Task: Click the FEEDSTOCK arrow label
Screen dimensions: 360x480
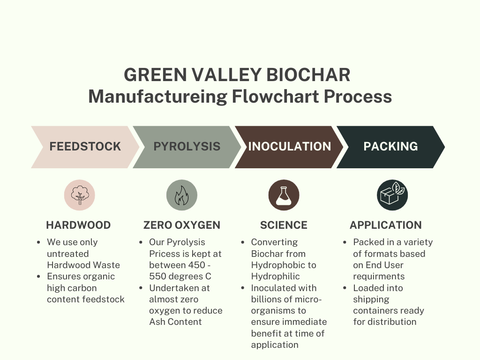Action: coord(85,146)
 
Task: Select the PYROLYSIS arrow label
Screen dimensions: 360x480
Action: coord(187,146)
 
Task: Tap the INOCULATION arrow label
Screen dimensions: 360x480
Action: coord(289,146)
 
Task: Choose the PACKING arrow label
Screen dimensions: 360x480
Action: coord(390,146)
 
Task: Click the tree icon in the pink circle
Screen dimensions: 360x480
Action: coord(80,195)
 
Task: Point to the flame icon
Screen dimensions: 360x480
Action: coord(181,195)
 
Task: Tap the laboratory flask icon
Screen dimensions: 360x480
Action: coord(284,195)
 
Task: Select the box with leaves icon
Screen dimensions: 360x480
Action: coord(392,195)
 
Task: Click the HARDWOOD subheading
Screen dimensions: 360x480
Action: coord(78,225)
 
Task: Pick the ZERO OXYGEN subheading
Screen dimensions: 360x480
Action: coord(182,225)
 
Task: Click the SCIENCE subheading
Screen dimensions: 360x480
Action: coord(284,225)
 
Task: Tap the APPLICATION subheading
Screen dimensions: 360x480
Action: coord(386,225)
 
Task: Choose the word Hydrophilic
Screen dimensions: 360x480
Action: coord(275,276)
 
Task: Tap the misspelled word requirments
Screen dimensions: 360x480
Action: coord(379,276)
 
